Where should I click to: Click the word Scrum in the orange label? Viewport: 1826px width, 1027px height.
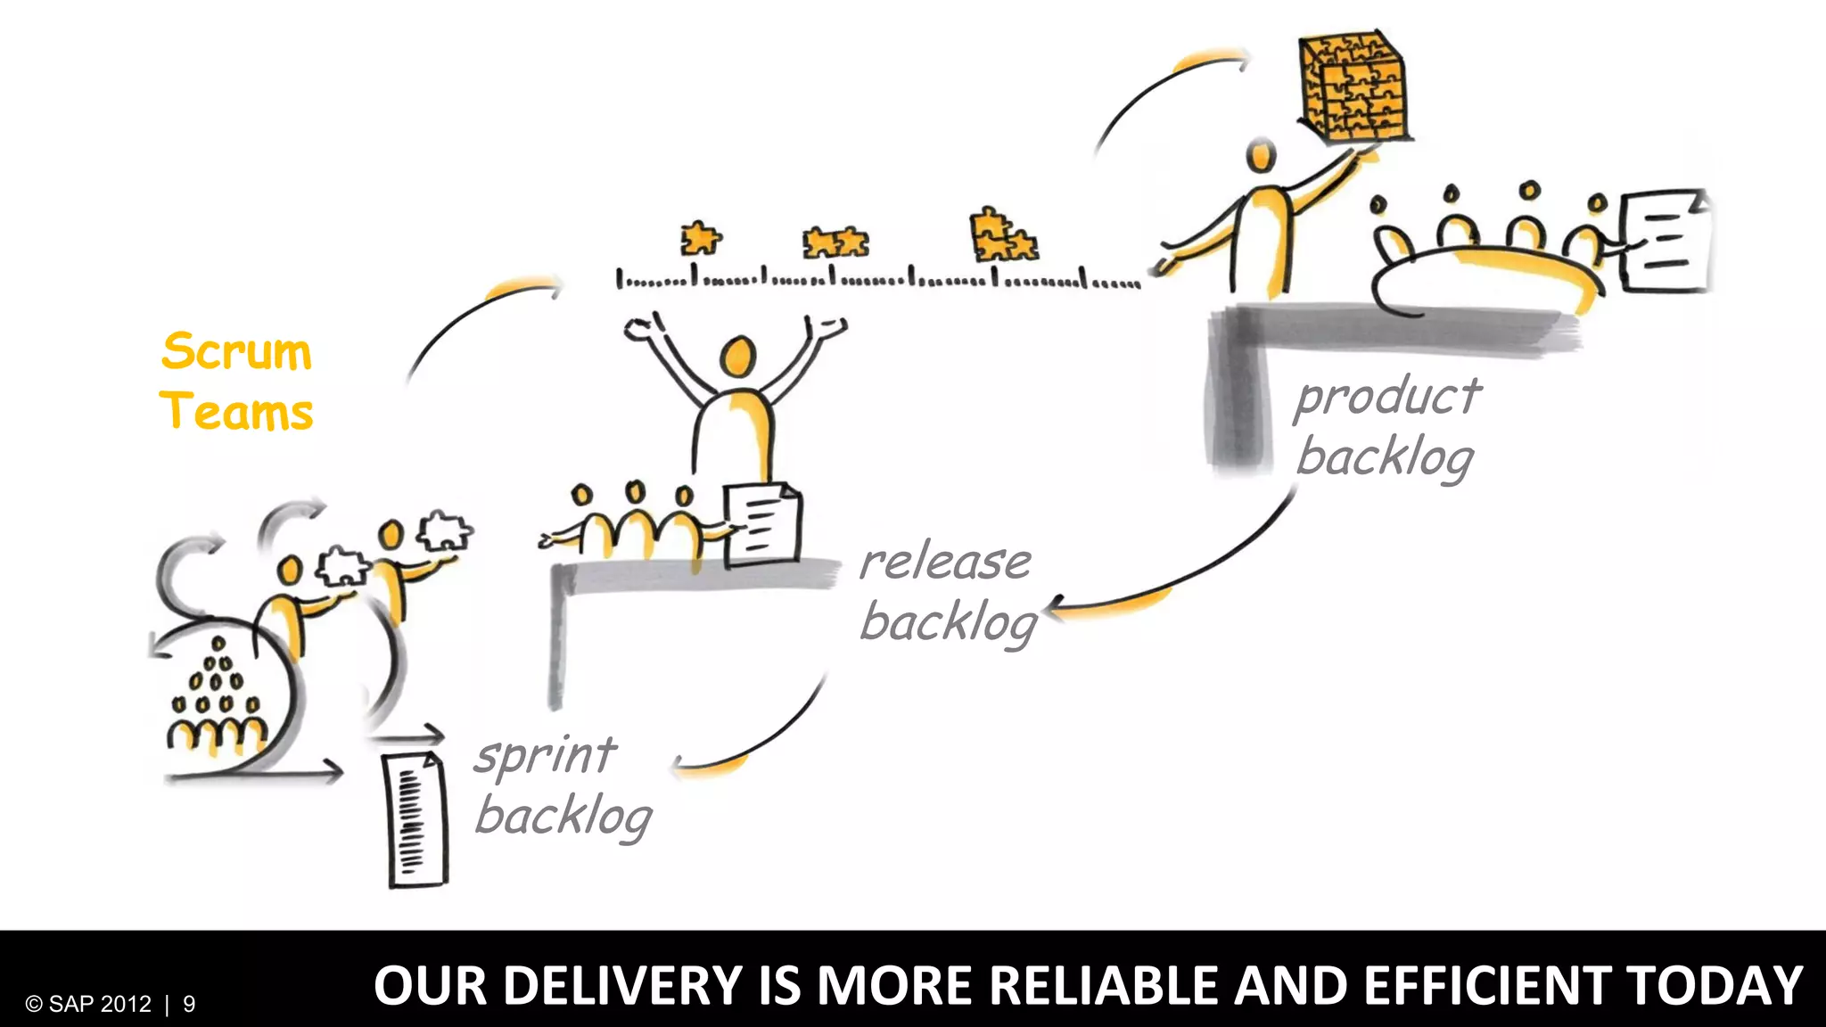[x=236, y=351]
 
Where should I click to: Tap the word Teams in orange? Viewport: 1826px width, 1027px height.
[x=236, y=411]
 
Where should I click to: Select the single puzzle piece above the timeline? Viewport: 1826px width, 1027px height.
[x=700, y=239]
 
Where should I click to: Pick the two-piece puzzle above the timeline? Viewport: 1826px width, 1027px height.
[x=835, y=242]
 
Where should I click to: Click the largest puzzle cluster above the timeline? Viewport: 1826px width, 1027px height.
[x=1002, y=235]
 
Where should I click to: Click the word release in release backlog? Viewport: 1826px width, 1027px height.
[x=945, y=562]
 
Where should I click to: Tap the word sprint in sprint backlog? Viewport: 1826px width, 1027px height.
[x=544, y=756]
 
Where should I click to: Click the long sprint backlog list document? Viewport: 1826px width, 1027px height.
[x=415, y=820]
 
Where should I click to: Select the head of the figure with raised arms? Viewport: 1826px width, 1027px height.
[x=737, y=357]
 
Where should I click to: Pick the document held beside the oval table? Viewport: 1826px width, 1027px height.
[x=1664, y=241]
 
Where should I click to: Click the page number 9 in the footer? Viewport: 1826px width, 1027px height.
[x=189, y=1005]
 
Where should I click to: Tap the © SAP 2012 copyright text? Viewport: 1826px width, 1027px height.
[x=88, y=1005]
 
